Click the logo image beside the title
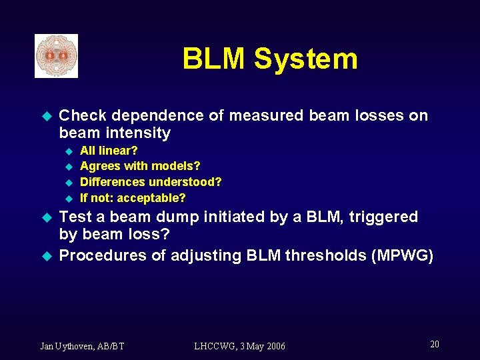click(57, 56)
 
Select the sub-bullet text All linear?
click(109, 151)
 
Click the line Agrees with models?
click(140, 166)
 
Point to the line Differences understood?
click(151, 182)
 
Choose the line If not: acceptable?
click(133, 198)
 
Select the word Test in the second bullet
click(75, 217)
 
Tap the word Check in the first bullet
click(82, 115)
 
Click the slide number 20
click(435, 344)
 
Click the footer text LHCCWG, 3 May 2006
click(239, 346)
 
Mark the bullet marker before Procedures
click(46, 256)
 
